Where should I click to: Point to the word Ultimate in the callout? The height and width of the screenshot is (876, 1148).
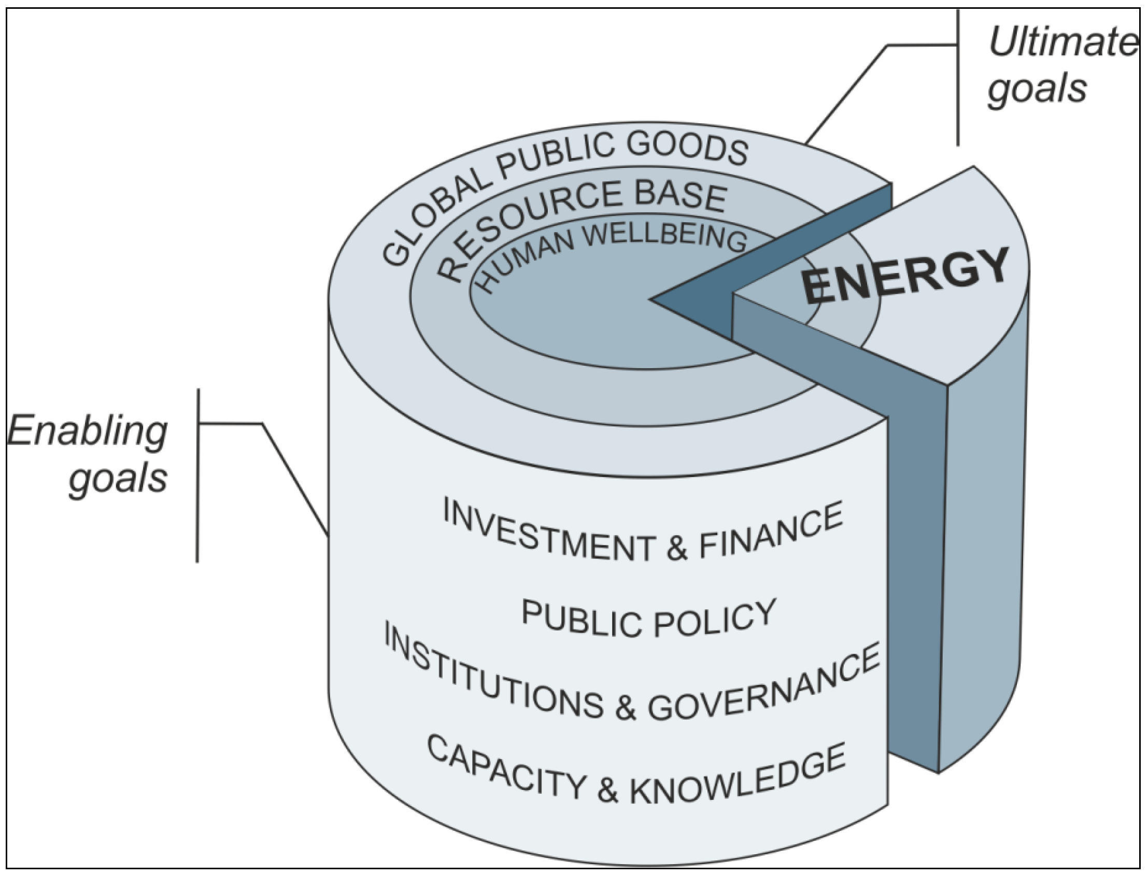coord(1061,42)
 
